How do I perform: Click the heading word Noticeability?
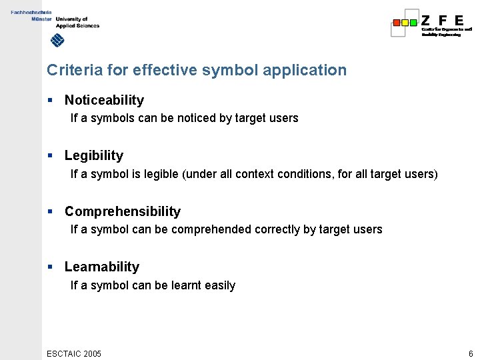tap(104, 100)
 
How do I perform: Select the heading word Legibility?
tap(94, 155)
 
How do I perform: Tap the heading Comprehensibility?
tap(123, 211)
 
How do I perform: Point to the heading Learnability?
tap(102, 267)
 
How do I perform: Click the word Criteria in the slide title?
tap(70, 70)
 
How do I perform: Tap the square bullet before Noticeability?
tap(50, 100)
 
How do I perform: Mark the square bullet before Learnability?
tap(50, 267)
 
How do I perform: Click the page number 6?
tap(471, 353)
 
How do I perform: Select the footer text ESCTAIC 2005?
tap(74, 353)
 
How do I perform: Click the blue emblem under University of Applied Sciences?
tap(58, 41)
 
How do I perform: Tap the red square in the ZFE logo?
tap(397, 22)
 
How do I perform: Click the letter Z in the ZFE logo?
tap(426, 20)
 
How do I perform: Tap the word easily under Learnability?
tap(220, 285)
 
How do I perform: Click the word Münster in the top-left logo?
tap(41, 19)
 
